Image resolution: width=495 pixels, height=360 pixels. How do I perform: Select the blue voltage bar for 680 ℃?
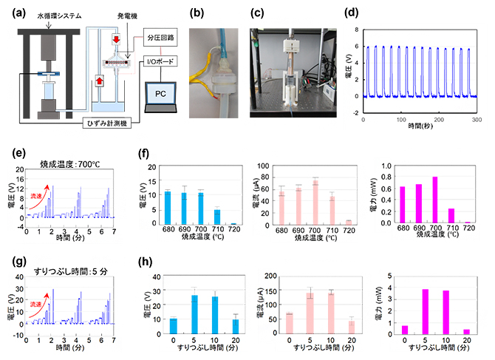(168, 207)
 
